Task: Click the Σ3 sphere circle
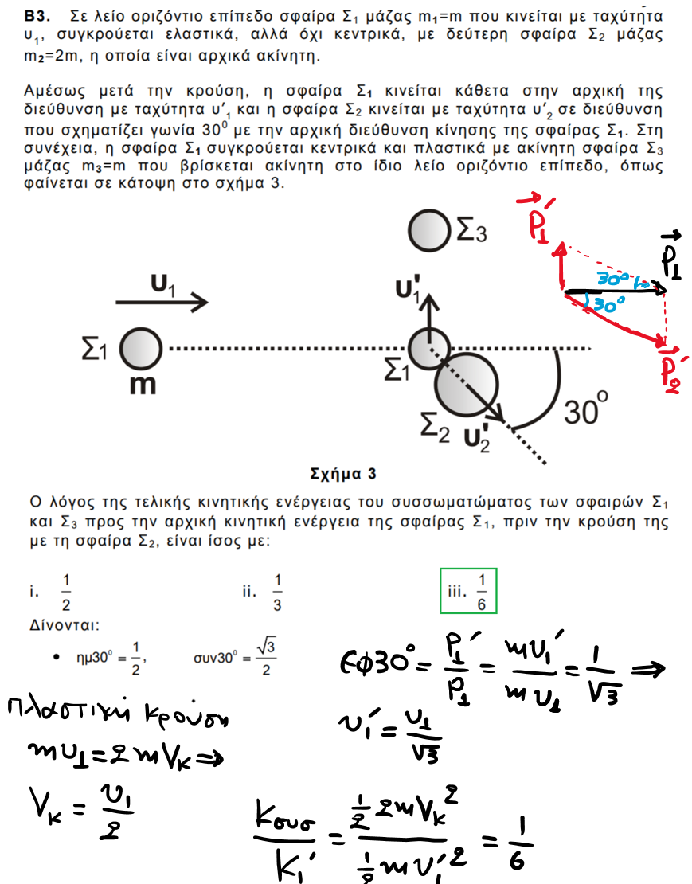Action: click(429, 230)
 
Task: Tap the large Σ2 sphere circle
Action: click(467, 385)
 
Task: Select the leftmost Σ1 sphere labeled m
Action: click(141, 349)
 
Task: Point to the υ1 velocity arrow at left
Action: click(162, 302)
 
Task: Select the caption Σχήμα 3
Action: click(343, 474)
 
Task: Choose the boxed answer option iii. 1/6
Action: click(468, 591)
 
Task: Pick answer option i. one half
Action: click(51, 592)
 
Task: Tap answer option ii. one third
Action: click(263, 592)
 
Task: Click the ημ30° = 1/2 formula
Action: click(111, 658)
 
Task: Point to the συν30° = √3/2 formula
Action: click(235, 657)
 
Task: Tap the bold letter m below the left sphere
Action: click(143, 385)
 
